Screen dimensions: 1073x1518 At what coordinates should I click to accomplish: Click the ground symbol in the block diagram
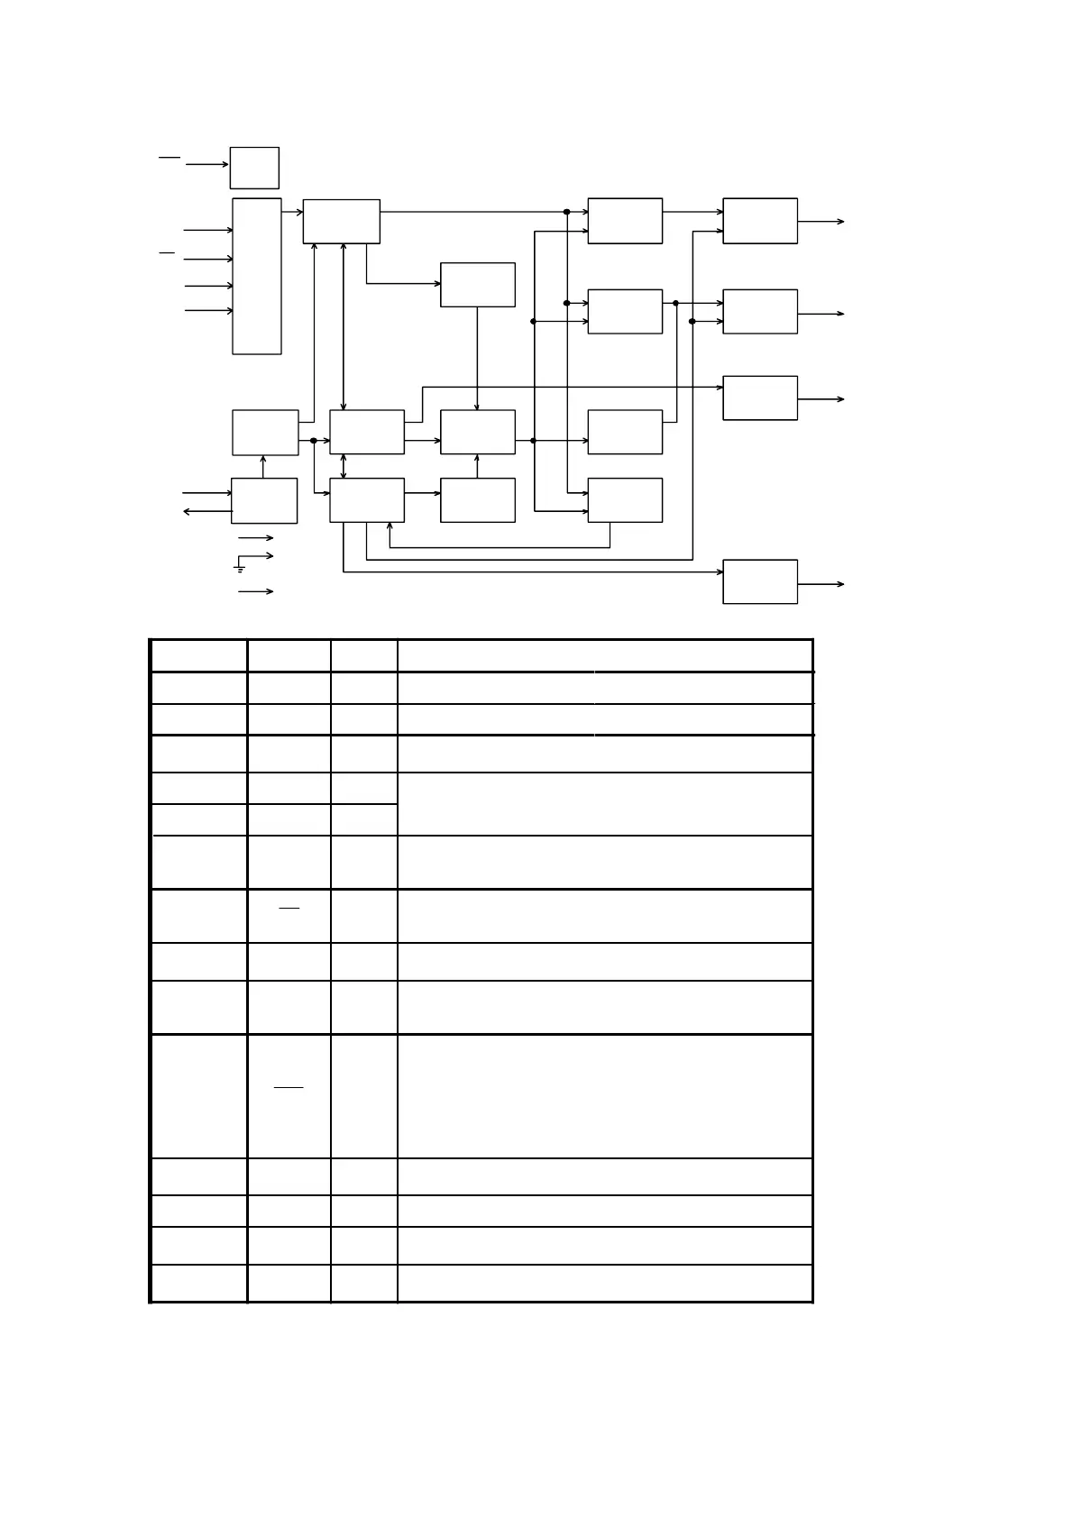pyautogui.click(x=240, y=569)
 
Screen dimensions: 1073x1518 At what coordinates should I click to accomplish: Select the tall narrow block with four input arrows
pyautogui.click(x=257, y=276)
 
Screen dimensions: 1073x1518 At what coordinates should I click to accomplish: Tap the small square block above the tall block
pyautogui.click(x=254, y=168)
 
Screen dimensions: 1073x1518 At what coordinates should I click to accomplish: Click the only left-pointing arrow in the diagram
pyautogui.click(x=206, y=511)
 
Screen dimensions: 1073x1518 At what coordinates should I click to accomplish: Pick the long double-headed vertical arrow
pyautogui.click(x=344, y=326)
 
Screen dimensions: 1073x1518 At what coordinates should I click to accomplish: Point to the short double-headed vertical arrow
pyautogui.click(x=344, y=466)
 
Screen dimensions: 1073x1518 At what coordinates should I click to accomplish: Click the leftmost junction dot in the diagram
pyautogui.click(x=314, y=441)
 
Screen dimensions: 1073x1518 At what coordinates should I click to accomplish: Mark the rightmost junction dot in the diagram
pyautogui.click(x=692, y=321)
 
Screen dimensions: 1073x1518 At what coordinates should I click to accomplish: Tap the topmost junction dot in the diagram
pyautogui.click(x=567, y=212)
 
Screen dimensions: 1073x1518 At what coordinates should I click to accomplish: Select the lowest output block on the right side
pyautogui.click(x=760, y=581)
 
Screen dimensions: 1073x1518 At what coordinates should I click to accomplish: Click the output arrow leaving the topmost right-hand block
pyautogui.click(x=821, y=221)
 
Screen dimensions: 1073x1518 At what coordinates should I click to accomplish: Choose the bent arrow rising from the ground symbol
pyautogui.click(x=256, y=556)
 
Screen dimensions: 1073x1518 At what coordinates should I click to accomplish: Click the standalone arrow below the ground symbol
pyautogui.click(x=255, y=591)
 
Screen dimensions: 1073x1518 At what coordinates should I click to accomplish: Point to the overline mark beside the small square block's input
pyautogui.click(x=170, y=157)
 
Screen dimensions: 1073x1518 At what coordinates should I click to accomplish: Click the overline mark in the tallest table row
pyautogui.click(x=289, y=1087)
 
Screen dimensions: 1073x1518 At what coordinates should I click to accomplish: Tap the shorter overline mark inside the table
pyautogui.click(x=289, y=908)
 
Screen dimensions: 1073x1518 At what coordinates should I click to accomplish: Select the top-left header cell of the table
pyautogui.click(x=198, y=655)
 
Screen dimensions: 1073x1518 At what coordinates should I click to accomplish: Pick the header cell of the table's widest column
pyautogui.click(x=604, y=655)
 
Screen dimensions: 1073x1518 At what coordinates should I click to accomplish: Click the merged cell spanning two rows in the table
pyautogui.click(x=604, y=804)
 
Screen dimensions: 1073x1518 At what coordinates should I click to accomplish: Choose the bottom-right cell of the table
pyautogui.click(x=604, y=1284)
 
